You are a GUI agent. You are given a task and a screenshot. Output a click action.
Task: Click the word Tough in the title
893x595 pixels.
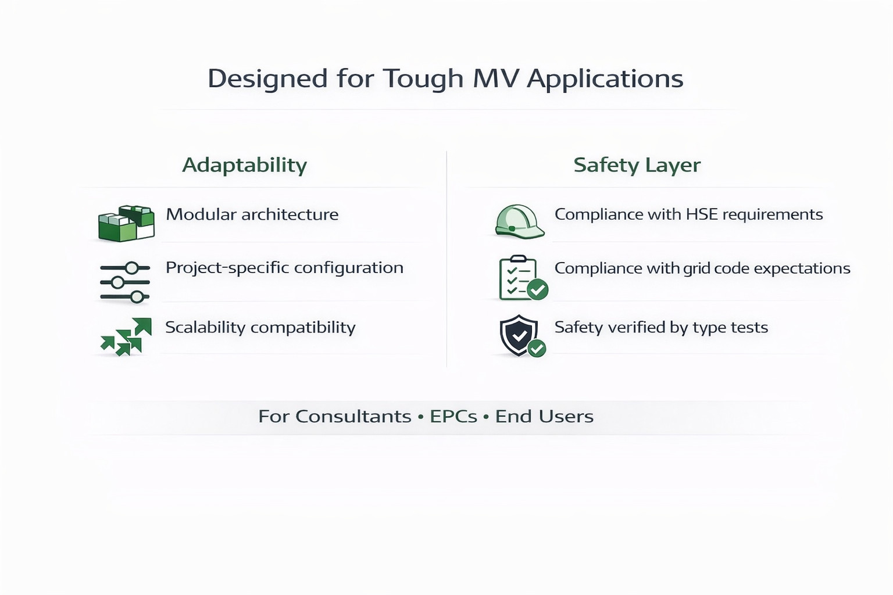pos(423,79)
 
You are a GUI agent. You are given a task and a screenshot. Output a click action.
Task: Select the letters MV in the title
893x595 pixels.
pos(495,78)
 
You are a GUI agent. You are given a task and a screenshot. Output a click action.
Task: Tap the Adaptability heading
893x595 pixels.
pos(244,166)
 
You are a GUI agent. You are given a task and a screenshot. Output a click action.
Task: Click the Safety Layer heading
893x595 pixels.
pos(637,166)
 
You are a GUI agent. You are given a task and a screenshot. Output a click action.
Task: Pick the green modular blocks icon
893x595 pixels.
pos(126,224)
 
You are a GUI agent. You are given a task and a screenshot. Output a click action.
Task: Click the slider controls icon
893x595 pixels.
pos(125,282)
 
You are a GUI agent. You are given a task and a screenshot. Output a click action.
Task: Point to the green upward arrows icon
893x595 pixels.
pos(126,337)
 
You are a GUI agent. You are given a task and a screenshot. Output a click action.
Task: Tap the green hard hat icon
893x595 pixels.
pos(519,221)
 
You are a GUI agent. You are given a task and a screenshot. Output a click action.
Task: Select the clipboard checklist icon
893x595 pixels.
pos(523,278)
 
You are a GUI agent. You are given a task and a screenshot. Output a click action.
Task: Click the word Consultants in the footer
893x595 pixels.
pos(353,417)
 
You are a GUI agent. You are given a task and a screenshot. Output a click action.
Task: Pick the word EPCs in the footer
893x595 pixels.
pos(453,417)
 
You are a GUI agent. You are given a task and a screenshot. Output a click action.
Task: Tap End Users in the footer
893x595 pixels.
pos(544,417)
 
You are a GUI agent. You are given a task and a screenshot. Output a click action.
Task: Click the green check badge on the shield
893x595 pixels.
pos(537,348)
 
